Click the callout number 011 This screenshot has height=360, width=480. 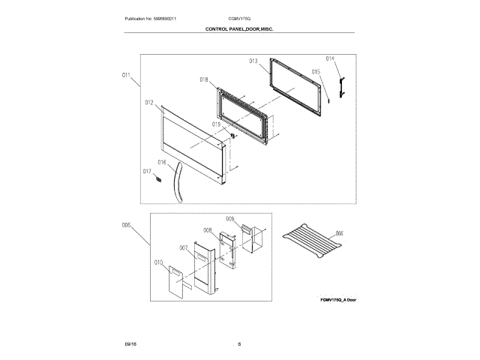click(125, 75)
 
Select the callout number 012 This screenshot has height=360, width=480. click(149, 102)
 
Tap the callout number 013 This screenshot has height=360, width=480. click(253, 61)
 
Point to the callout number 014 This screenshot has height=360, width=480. click(330, 58)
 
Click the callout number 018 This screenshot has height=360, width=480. click(204, 79)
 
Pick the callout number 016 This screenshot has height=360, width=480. click(161, 162)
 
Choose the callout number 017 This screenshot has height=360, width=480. click(148, 172)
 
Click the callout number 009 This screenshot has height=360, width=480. click(230, 219)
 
